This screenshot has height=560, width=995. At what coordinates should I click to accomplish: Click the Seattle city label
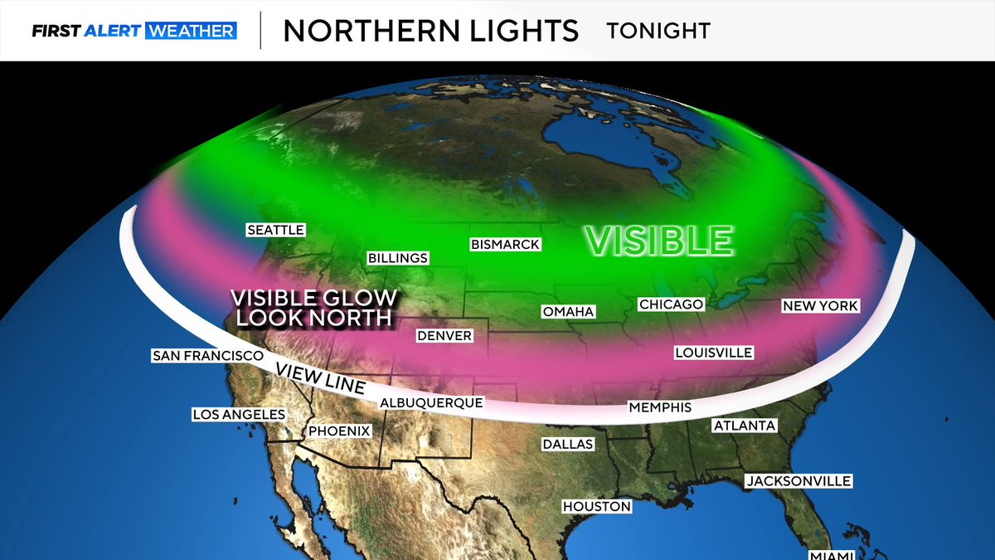pos(276,230)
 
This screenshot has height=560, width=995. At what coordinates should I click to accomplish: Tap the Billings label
pos(398,258)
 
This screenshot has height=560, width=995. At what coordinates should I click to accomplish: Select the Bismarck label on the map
pos(505,245)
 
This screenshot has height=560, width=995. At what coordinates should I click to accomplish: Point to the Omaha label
pos(568,312)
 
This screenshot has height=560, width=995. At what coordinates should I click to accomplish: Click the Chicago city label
pos(671,304)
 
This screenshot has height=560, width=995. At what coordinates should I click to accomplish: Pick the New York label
pos(820,306)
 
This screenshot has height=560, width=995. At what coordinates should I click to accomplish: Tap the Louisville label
pos(713,353)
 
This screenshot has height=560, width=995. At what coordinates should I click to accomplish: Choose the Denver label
pos(444,336)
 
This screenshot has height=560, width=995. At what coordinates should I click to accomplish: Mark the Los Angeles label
pos(239,414)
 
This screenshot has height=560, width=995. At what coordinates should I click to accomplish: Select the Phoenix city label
pos(339,431)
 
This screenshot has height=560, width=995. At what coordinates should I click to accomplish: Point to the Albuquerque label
pos(431,402)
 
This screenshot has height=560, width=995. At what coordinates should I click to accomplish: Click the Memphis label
pos(660,407)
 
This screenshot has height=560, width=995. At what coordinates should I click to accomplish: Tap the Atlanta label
pos(745,426)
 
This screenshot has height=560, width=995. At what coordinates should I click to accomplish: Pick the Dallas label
pos(568,444)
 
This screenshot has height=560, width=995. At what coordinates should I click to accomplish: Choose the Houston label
pos(597,506)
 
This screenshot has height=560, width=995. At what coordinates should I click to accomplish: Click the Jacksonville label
pos(798,481)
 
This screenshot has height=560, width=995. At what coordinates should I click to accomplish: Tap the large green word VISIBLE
pos(659,241)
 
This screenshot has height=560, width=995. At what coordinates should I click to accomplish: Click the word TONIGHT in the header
pos(658,31)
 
